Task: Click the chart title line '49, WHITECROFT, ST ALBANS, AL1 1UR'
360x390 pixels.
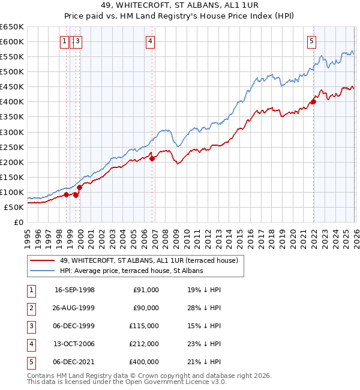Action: click(179, 7)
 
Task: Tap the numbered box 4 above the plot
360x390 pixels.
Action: click(149, 41)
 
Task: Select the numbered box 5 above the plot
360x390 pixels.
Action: click(311, 41)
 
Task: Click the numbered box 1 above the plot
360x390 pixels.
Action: click(64, 41)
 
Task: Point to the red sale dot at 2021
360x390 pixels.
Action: click(313, 101)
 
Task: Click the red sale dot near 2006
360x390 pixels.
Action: click(152, 158)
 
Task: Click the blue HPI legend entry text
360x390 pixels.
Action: click(131, 271)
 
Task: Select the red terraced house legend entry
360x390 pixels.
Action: click(149, 260)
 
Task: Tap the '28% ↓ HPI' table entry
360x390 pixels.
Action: click(203, 308)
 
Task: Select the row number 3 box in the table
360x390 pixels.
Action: click(31, 326)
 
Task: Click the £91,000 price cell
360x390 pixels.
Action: click(145, 290)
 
